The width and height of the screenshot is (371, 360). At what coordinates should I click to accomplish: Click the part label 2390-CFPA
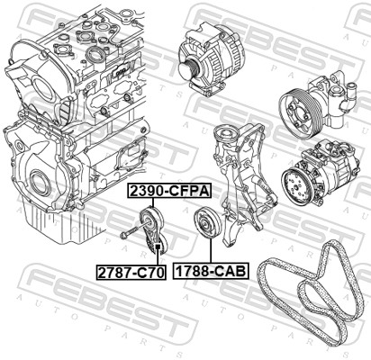pyautogui.click(x=168, y=191)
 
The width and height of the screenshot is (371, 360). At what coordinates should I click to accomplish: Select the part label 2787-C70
pyautogui.click(x=131, y=270)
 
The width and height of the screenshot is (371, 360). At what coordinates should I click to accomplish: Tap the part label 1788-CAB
pyautogui.click(x=210, y=270)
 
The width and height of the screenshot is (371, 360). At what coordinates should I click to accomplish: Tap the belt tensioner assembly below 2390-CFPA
pyautogui.click(x=150, y=230)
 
